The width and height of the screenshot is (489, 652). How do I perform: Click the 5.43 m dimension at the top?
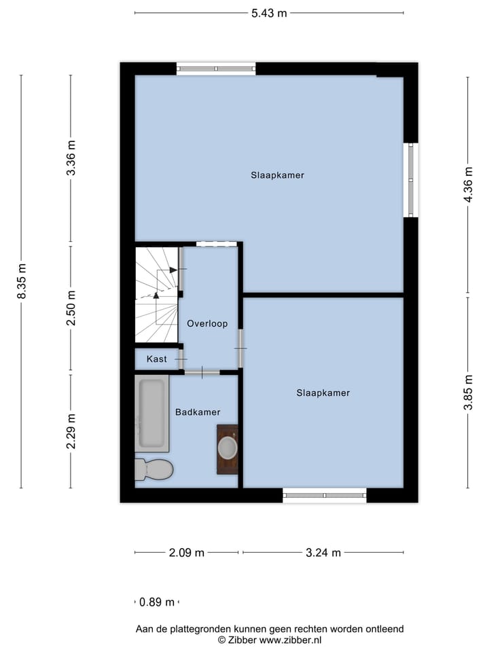[269, 13]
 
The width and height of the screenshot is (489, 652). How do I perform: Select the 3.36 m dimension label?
[71, 158]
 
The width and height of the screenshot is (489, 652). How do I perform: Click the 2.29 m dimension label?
[71, 431]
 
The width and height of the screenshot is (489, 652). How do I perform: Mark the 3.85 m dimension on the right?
[467, 393]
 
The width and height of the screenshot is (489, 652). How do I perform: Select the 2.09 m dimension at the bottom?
[187, 553]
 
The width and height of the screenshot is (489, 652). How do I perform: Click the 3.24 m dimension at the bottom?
[323, 553]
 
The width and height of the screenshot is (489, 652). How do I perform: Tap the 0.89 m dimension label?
[157, 602]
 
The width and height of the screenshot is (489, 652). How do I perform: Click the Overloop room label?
[207, 324]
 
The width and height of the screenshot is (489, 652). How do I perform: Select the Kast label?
[156, 359]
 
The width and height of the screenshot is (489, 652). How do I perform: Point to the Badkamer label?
[198, 412]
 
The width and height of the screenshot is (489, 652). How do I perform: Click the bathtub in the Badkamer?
[151, 413]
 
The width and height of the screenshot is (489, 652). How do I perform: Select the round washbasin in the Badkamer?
[228, 448]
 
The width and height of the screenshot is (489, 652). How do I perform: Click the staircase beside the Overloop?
[156, 295]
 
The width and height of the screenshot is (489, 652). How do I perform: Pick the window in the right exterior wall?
[410, 180]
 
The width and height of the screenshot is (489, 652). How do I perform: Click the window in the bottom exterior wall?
[324, 495]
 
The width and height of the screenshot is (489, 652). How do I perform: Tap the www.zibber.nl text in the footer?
[291, 640]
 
